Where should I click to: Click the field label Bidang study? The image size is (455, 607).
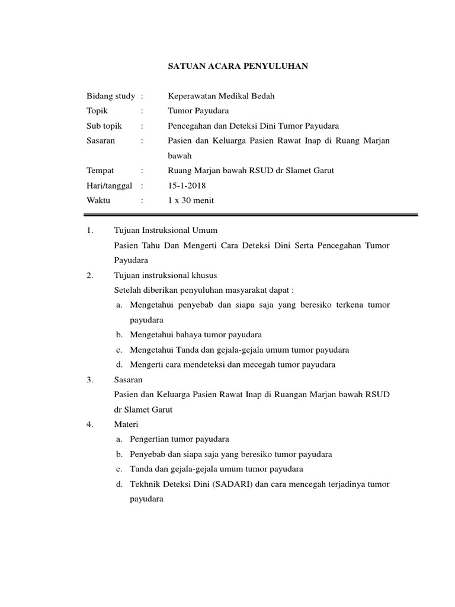[x=111, y=95]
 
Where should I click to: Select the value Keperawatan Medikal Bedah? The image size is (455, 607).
[x=222, y=95]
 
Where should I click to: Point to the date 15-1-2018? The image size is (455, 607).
[x=187, y=186]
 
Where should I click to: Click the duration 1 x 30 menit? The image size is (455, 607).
[x=191, y=200]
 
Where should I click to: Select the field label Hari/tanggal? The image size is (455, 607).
[x=110, y=186]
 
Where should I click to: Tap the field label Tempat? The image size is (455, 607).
[x=100, y=171]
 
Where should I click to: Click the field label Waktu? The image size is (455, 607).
[x=98, y=200]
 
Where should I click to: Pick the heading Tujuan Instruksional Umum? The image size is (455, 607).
[x=166, y=230]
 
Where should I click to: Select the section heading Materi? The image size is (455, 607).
[x=126, y=424]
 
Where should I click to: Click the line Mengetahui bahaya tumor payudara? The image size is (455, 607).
[x=196, y=335]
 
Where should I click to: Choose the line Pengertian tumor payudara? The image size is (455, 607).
[x=180, y=439]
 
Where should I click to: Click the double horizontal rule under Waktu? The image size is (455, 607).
[x=252, y=215]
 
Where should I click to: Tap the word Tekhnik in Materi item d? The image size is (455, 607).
[x=146, y=484]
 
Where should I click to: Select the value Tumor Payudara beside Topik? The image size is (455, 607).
[x=197, y=111]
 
